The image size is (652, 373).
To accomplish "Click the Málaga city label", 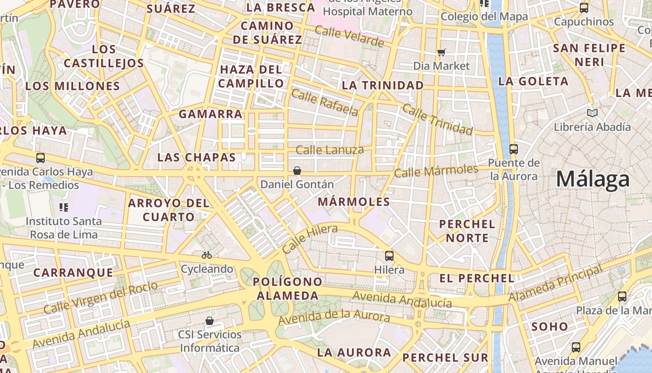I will tap(593, 179).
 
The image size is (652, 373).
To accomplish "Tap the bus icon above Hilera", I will tap(389, 256).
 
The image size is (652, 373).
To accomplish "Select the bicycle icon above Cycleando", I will tap(207, 255).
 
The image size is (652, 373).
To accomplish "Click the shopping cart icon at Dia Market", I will tap(441, 52).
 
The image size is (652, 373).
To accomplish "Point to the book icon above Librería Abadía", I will tap(592, 113).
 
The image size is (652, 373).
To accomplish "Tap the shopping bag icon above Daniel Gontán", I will tap(297, 171).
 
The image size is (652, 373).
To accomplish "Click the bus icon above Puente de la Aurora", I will tap(514, 149).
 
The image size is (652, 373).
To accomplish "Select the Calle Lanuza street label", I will tap(330, 150).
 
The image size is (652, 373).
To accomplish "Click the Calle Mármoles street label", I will tap(436, 171).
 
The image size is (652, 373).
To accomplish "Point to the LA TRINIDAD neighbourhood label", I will tap(383, 86).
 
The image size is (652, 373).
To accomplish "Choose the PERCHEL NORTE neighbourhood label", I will tap(467, 231).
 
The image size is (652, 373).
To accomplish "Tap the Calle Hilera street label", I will tap(310, 239).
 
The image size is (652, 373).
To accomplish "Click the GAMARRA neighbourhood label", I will tap(211, 114).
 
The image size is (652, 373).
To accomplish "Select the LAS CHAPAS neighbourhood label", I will tap(197, 157).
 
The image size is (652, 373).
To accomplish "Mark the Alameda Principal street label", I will tap(555, 283).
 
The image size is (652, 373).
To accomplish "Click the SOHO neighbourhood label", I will tap(550, 326).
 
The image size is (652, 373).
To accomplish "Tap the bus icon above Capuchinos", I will tap(584, 8).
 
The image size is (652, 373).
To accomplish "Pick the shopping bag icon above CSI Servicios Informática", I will tap(210, 321).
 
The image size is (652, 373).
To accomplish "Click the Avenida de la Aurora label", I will tap(333, 318).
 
